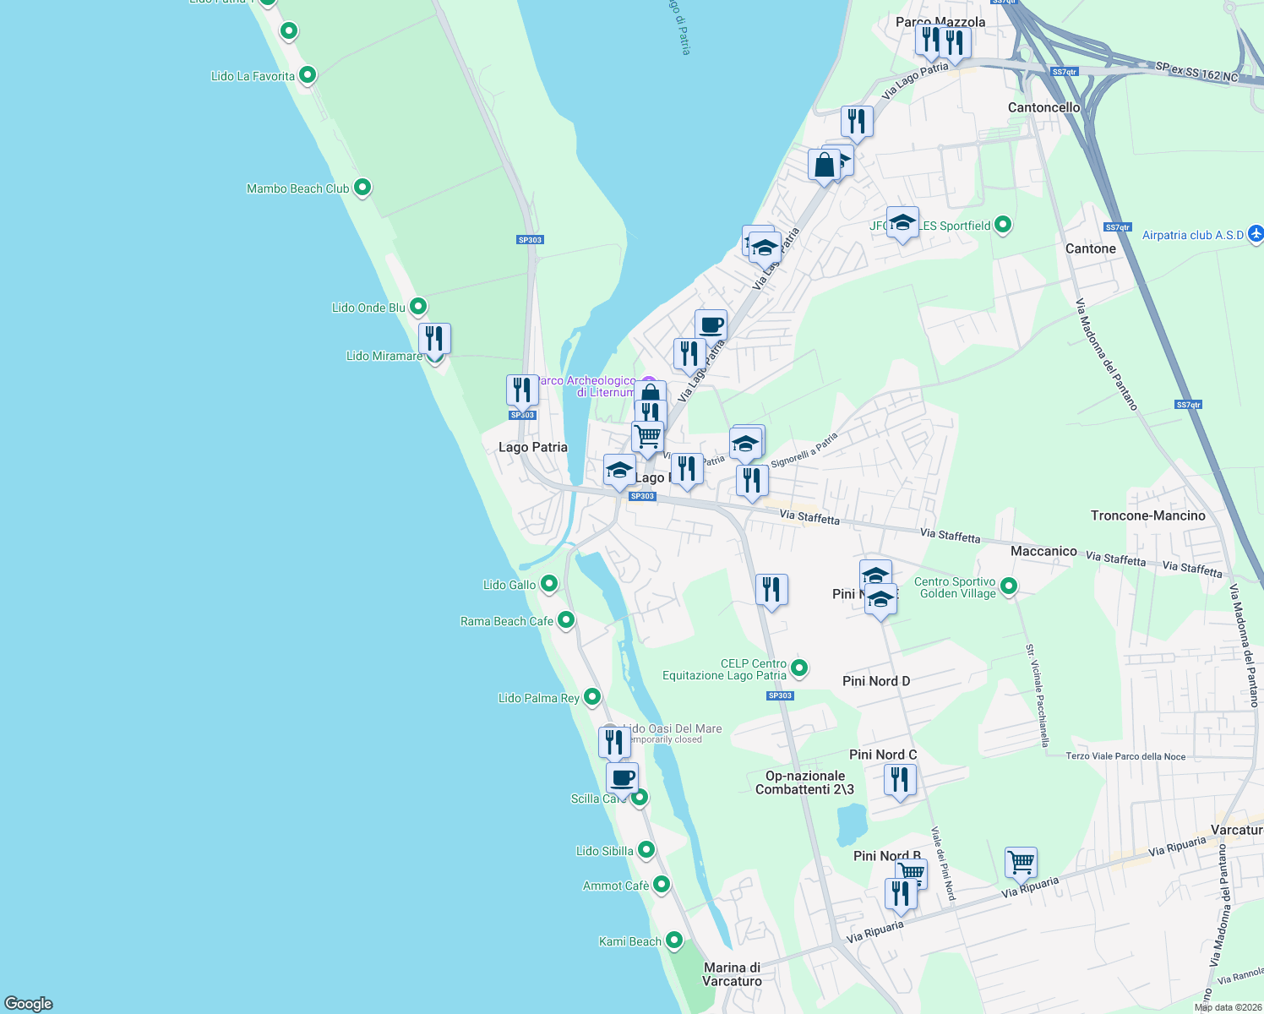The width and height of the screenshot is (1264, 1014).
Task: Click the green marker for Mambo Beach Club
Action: [362, 187]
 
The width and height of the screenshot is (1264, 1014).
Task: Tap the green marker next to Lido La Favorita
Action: [308, 75]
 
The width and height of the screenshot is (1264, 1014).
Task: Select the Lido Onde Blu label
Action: [368, 308]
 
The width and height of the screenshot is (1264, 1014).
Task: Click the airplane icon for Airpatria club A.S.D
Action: [1256, 233]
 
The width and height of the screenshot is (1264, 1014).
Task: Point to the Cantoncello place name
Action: [1043, 107]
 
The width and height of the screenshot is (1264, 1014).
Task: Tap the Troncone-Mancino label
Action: [1147, 515]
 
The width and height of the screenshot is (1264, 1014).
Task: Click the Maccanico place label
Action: [1043, 551]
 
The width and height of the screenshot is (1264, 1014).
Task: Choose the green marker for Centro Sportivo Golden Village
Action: [1008, 586]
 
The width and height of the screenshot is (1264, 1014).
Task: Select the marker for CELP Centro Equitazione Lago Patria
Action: [798, 668]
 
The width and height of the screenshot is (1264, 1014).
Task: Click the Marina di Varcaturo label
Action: [732, 974]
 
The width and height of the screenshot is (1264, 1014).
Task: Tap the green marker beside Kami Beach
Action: [674, 940]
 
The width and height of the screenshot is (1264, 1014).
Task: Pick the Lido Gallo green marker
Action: [549, 583]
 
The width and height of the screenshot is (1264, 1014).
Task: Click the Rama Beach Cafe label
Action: [507, 621]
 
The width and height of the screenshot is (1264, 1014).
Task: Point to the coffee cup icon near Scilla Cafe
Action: [623, 777]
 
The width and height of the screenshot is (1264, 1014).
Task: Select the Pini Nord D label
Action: [876, 681]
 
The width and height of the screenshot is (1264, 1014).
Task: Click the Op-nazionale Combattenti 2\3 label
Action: [804, 782]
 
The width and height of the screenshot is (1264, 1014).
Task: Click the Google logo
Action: [29, 1003]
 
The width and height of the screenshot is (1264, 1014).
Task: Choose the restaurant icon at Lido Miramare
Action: [434, 338]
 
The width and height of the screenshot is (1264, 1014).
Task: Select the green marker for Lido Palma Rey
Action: [592, 697]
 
